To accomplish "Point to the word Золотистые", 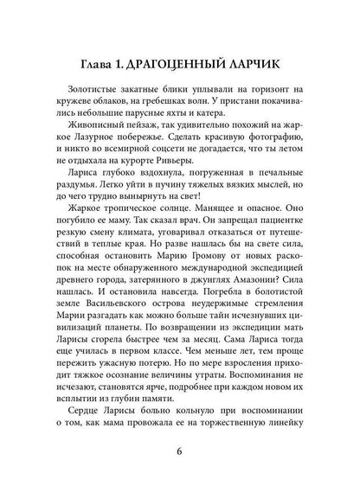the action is click(92, 91).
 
